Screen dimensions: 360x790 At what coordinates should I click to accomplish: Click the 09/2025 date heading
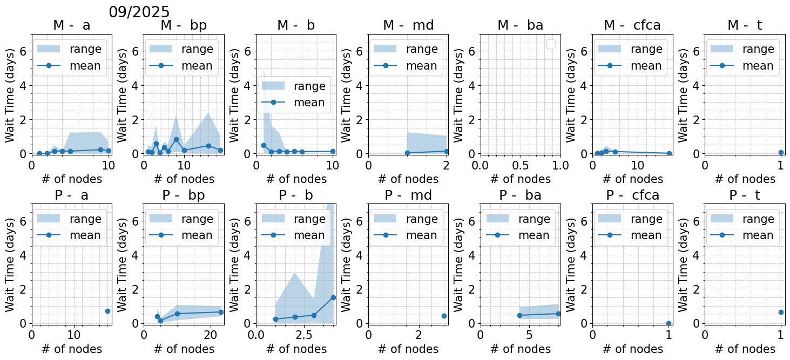pos(139,12)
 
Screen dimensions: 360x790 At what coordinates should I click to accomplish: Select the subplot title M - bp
pos(184,25)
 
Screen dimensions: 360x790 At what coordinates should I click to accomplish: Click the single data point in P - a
pos(107,311)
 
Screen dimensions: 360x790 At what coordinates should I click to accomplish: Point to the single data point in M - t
pos(781,153)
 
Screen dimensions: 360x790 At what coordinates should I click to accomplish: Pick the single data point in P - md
pos(444,316)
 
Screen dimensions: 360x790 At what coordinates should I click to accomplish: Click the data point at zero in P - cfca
pos(669,323)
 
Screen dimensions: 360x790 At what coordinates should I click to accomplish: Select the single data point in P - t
pos(781,312)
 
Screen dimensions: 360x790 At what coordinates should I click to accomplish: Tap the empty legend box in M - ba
pos(551,44)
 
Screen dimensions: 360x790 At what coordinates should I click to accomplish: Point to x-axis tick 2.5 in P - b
pos(303,334)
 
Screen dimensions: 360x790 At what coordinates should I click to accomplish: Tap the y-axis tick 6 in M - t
pos(696,51)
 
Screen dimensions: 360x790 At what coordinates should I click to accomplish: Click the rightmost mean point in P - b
pos(333,297)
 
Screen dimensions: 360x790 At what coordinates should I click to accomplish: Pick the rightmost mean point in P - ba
pos(558,314)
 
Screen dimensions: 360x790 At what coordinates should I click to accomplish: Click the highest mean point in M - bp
pos(176,139)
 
